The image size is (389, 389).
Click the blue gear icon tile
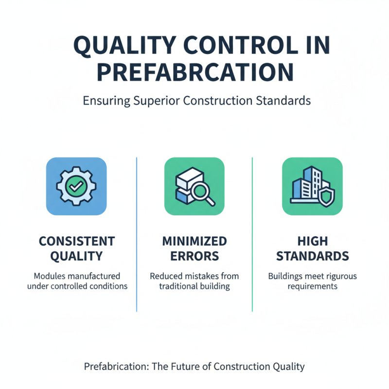pyautogui.click(x=76, y=186)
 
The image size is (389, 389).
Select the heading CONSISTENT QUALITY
pyautogui.click(x=77, y=248)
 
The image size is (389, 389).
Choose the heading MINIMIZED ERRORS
pyautogui.click(x=194, y=248)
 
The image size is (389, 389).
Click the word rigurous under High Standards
pyautogui.click(x=339, y=276)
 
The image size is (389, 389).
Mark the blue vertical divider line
pyautogui.click(x=137, y=233)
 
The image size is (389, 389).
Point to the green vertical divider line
pyautogui.click(x=252, y=233)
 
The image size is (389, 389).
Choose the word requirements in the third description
pyautogui.click(x=312, y=286)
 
